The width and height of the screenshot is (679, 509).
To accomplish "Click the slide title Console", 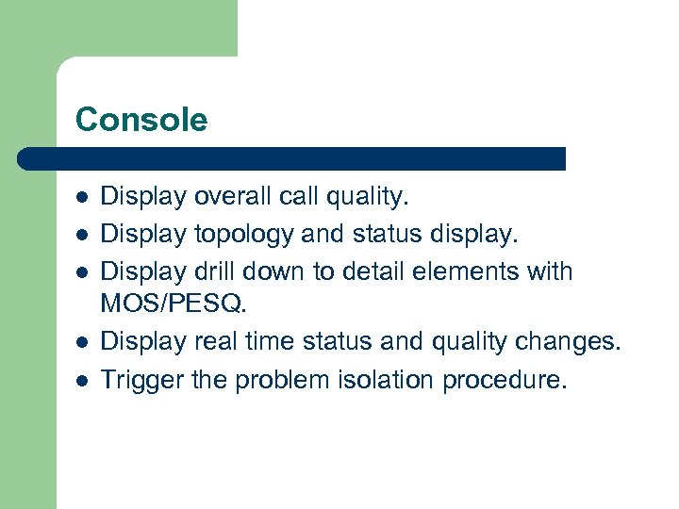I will pyautogui.click(x=141, y=120).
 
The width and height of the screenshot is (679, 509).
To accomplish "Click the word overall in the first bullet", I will pyautogui.click(x=233, y=196).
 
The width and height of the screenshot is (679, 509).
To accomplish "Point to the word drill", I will pyautogui.click(x=215, y=271).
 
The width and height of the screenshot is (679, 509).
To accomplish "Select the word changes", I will pyautogui.click(x=575, y=341).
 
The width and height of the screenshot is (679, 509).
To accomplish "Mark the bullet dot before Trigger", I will pyautogui.click(x=82, y=380).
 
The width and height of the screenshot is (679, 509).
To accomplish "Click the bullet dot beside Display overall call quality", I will pyautogui.click(x=82, y=197).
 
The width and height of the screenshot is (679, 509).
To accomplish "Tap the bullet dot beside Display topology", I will pyautogui.click(x=82, y=234).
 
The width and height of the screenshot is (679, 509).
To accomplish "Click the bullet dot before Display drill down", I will pyautogui.click(x=82, y=271).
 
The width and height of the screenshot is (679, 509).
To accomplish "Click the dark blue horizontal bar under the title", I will pyautogui.click(x=292, y=158).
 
